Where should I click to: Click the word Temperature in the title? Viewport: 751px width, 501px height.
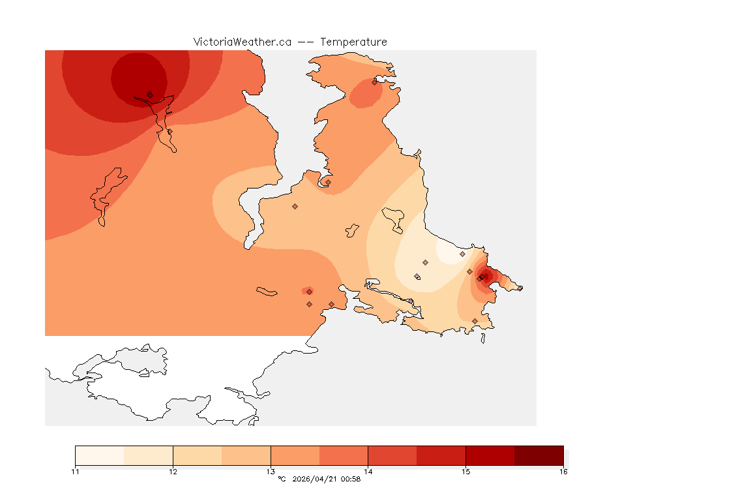coord(353,42)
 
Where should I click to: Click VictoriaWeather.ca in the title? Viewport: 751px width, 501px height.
coord(242,42)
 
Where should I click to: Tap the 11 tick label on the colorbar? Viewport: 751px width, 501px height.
coord(76,472)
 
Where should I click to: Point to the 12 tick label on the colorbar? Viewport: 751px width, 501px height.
coord(173,472)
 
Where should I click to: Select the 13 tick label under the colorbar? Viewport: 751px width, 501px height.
coord(271,472)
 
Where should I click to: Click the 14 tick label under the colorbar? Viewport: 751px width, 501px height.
coord(368,472)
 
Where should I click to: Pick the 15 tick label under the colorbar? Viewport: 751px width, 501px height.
coord(465,472)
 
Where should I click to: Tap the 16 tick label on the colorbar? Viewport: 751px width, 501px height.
coord(563,472)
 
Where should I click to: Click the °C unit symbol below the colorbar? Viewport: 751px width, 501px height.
coord(282,479)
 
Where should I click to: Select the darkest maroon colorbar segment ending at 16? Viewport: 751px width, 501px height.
coord(538,455)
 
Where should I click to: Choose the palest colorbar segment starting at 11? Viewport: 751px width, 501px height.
coord(100,455)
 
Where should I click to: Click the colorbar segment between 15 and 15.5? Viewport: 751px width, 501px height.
coord(490,455)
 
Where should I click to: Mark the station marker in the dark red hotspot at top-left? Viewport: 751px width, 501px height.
coord(150,95)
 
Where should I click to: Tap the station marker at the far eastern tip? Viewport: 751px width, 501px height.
coord(520,288)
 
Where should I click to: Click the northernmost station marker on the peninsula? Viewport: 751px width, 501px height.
coord(375,82)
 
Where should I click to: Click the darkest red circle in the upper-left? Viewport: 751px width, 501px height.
coord(138,76)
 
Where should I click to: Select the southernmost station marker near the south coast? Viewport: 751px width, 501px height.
coord(475,321)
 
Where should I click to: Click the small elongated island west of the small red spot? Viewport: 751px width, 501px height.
coord(267,292)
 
